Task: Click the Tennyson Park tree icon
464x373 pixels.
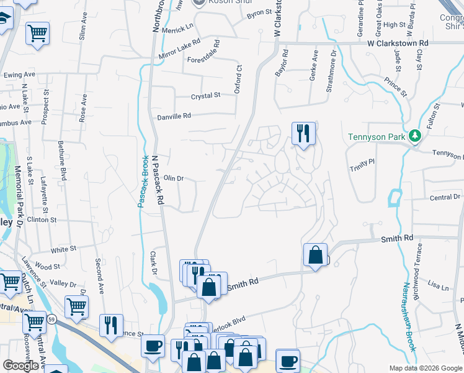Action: coord(414,136)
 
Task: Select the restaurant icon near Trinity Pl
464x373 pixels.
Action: coord(304,134)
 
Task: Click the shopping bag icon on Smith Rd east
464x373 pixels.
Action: coord(316,255)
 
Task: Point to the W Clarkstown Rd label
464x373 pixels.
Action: coord(397,44)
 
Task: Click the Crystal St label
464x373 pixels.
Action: coord(205,96)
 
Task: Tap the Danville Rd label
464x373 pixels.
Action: coord(174,116)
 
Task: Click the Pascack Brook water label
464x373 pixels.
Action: coord(142,181)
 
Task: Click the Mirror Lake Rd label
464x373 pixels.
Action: coord(179,49)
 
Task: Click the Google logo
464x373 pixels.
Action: coord(20,366)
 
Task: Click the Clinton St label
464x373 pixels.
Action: coord(42,220)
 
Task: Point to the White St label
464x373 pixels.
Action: coord(63,249)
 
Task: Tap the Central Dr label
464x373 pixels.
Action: coord(445,197)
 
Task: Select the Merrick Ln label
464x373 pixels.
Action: coord(178,29)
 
